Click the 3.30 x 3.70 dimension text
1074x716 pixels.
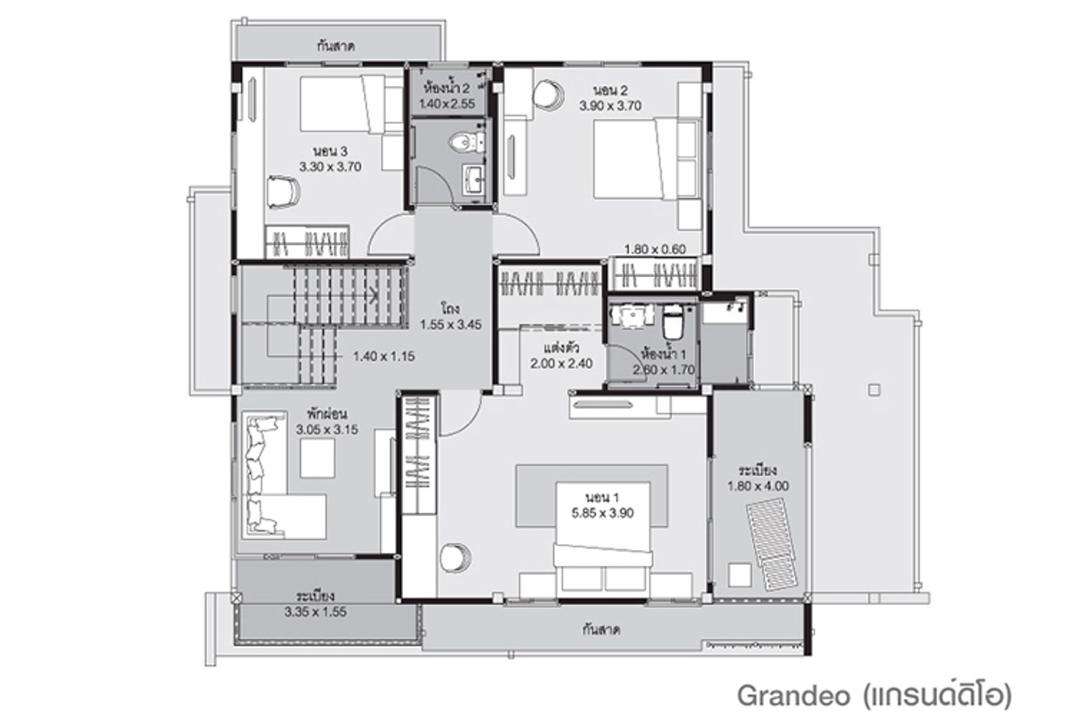click(x=330, y=167)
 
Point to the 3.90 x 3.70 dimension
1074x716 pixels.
click(x=610, y=105)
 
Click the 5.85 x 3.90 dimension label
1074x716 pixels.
click(x=602, y=513)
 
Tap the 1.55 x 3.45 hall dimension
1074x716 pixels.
click(x=450, y=324)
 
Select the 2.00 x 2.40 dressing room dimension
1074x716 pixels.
click(x=561, y=364)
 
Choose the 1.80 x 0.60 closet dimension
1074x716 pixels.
click(x=655, y=249)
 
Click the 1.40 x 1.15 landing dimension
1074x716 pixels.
click(x=384, y=357)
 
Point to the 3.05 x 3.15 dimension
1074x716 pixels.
click(x=327, y=430)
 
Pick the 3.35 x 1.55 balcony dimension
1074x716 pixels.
click(x=316, y=612)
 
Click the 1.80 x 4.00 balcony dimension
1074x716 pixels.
click(x=758, y=486)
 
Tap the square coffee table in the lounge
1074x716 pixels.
click(x=317, y=458)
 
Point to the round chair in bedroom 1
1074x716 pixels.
click(x=455, y=558)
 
